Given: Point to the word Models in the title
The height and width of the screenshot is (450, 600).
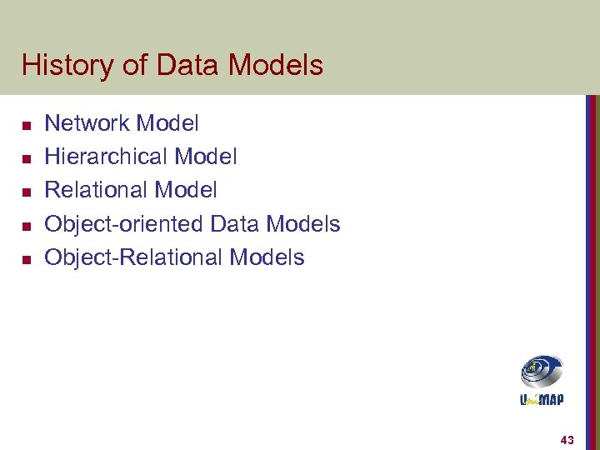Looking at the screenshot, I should tap(275, 65).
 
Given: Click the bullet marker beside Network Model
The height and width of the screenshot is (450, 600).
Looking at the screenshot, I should tap(26, 126).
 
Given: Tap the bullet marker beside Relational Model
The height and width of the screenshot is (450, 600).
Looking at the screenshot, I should tap(26, 192).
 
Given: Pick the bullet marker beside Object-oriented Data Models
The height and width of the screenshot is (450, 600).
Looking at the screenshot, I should tap(26, 226).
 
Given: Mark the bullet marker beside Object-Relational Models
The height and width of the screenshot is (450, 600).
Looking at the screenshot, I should tap(26, 259).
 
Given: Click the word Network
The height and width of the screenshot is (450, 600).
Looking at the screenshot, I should tap(87, 124).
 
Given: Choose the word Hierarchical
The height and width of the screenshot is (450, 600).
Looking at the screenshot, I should tap(106, 157).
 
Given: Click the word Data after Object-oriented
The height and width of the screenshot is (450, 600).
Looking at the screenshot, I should tap(234, 224).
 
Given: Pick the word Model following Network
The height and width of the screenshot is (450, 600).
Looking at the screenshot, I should tap(167, 124).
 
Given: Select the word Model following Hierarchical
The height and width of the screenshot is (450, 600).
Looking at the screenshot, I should tap(205, 157).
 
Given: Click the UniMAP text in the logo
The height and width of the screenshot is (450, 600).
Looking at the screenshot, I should tap(542, 399).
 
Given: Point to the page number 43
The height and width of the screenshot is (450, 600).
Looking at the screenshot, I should tap(567, 439).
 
